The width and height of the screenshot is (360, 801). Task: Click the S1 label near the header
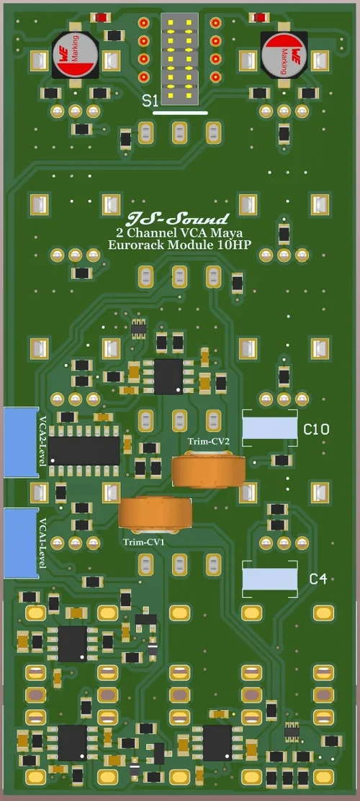pyautogui.click(x=150, y=101)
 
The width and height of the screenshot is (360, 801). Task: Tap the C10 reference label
pyautogui.click(x=316, y=430)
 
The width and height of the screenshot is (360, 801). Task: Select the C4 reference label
pyautogui.click(x=318, y=579)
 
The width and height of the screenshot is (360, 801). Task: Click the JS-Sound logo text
pyautogui.click(x=177, y=219)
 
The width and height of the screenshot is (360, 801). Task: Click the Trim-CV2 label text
pyautogui.click(x=209, y=441)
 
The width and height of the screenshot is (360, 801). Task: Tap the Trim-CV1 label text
pyautogui.click(x=144, y=541)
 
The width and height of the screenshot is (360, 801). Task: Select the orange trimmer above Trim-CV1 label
pyautogui.click(x=155, y=513)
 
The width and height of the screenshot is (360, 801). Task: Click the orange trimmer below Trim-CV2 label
pyautogui.click(x=209, y=471)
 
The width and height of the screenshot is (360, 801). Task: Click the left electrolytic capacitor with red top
pyautogui.click(x=74, y=57)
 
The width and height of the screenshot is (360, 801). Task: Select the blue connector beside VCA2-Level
pyautogui.click(x=20, y=442)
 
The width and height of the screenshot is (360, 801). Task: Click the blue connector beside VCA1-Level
pyautogui.click(x=20, y=543)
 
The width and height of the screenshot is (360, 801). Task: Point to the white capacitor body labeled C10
pyautogui.click(x=269, y=429)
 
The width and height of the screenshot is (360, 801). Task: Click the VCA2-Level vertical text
pyautogui.click(x=43, y=440)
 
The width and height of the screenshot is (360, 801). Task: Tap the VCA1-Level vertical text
pyautogui.click(x=43, y=543)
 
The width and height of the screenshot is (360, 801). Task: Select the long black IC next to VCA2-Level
pyautogui.click(x=84, y=451)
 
